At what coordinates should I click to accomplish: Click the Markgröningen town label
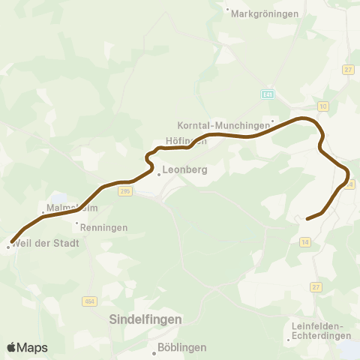point(265,13)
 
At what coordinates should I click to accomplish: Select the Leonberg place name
point(184,170)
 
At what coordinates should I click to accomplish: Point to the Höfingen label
point(185,141)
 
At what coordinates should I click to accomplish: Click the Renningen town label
point(106,227)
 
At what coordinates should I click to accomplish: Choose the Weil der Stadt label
point(45,244)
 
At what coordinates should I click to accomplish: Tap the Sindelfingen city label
point(145,319)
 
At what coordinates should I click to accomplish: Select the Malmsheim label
point(68,206)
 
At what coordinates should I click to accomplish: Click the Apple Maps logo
point(27,347)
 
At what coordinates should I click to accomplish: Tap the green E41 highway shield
point(268,94)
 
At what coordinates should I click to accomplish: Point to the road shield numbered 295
point(124,192)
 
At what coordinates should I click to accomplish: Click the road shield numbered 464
point(89,301)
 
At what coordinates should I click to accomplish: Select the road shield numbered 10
point(322,106)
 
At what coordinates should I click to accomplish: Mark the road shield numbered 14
point(304,241)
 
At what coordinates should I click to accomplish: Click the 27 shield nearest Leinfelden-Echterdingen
point(316,286)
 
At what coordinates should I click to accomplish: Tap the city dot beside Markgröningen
point(228,10)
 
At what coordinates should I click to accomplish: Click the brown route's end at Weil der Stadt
point(12,241)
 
